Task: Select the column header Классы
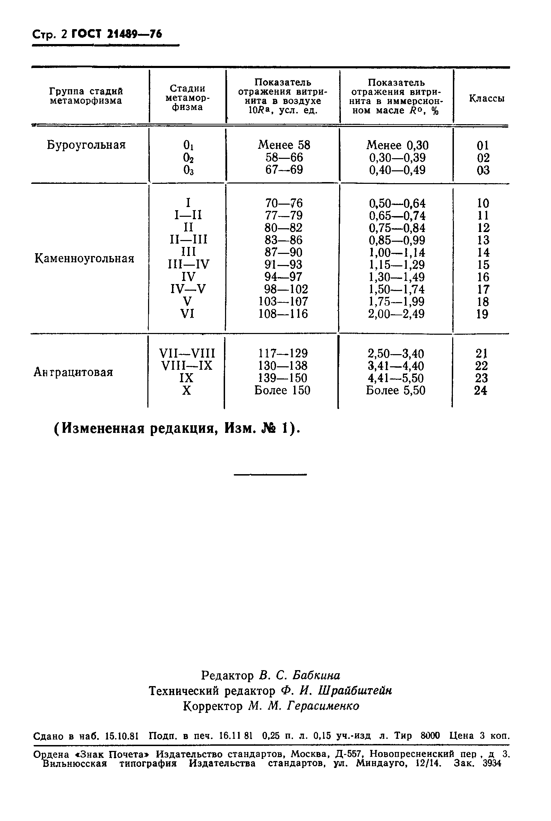click(x=487, y=99)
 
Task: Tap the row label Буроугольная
click(x=86, y=145)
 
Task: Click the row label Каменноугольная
click(x=84, y=259)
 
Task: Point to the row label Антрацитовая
click(x=73, y=372)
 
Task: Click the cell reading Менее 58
click(x=284, y=145)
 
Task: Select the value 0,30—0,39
click(x=397, y=158)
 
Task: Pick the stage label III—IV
click(x=188, y=264)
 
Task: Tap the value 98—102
click(x=286, y=289)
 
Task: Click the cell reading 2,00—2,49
click(x=396, y=314)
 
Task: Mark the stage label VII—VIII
click(x=187, y=353)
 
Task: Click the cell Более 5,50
click(x=396, y=391)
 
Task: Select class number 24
click(x=480, y=391)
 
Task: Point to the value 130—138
click(x=283, y=366)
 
